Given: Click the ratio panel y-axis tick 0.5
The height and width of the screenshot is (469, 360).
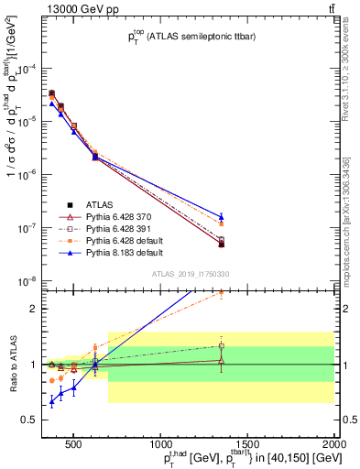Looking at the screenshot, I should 34,420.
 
